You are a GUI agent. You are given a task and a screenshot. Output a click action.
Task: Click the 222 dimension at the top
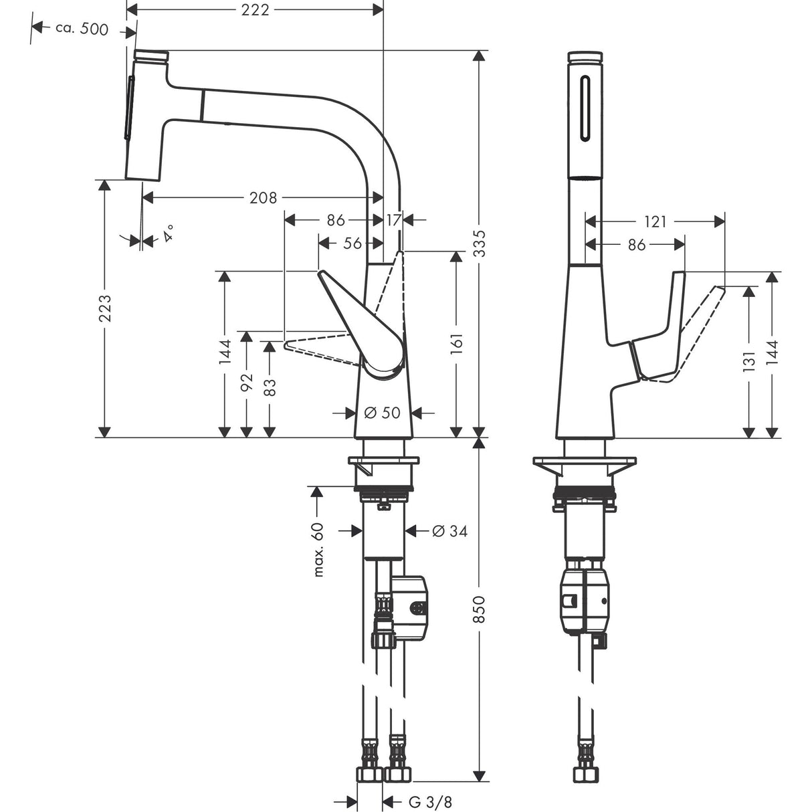254,10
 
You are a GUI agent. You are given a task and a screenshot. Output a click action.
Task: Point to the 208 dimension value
263,197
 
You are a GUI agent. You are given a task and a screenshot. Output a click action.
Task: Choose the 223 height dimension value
104,308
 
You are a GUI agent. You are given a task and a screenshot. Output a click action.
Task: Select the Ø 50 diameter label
382,413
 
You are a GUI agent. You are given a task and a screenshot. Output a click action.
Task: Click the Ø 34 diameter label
449,531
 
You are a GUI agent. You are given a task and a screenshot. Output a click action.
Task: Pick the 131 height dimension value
749,361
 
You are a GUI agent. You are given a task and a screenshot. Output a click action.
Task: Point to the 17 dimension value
393,219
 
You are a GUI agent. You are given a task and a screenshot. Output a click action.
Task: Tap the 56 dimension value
352,243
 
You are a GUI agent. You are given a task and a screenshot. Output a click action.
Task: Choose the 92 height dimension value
247,383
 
